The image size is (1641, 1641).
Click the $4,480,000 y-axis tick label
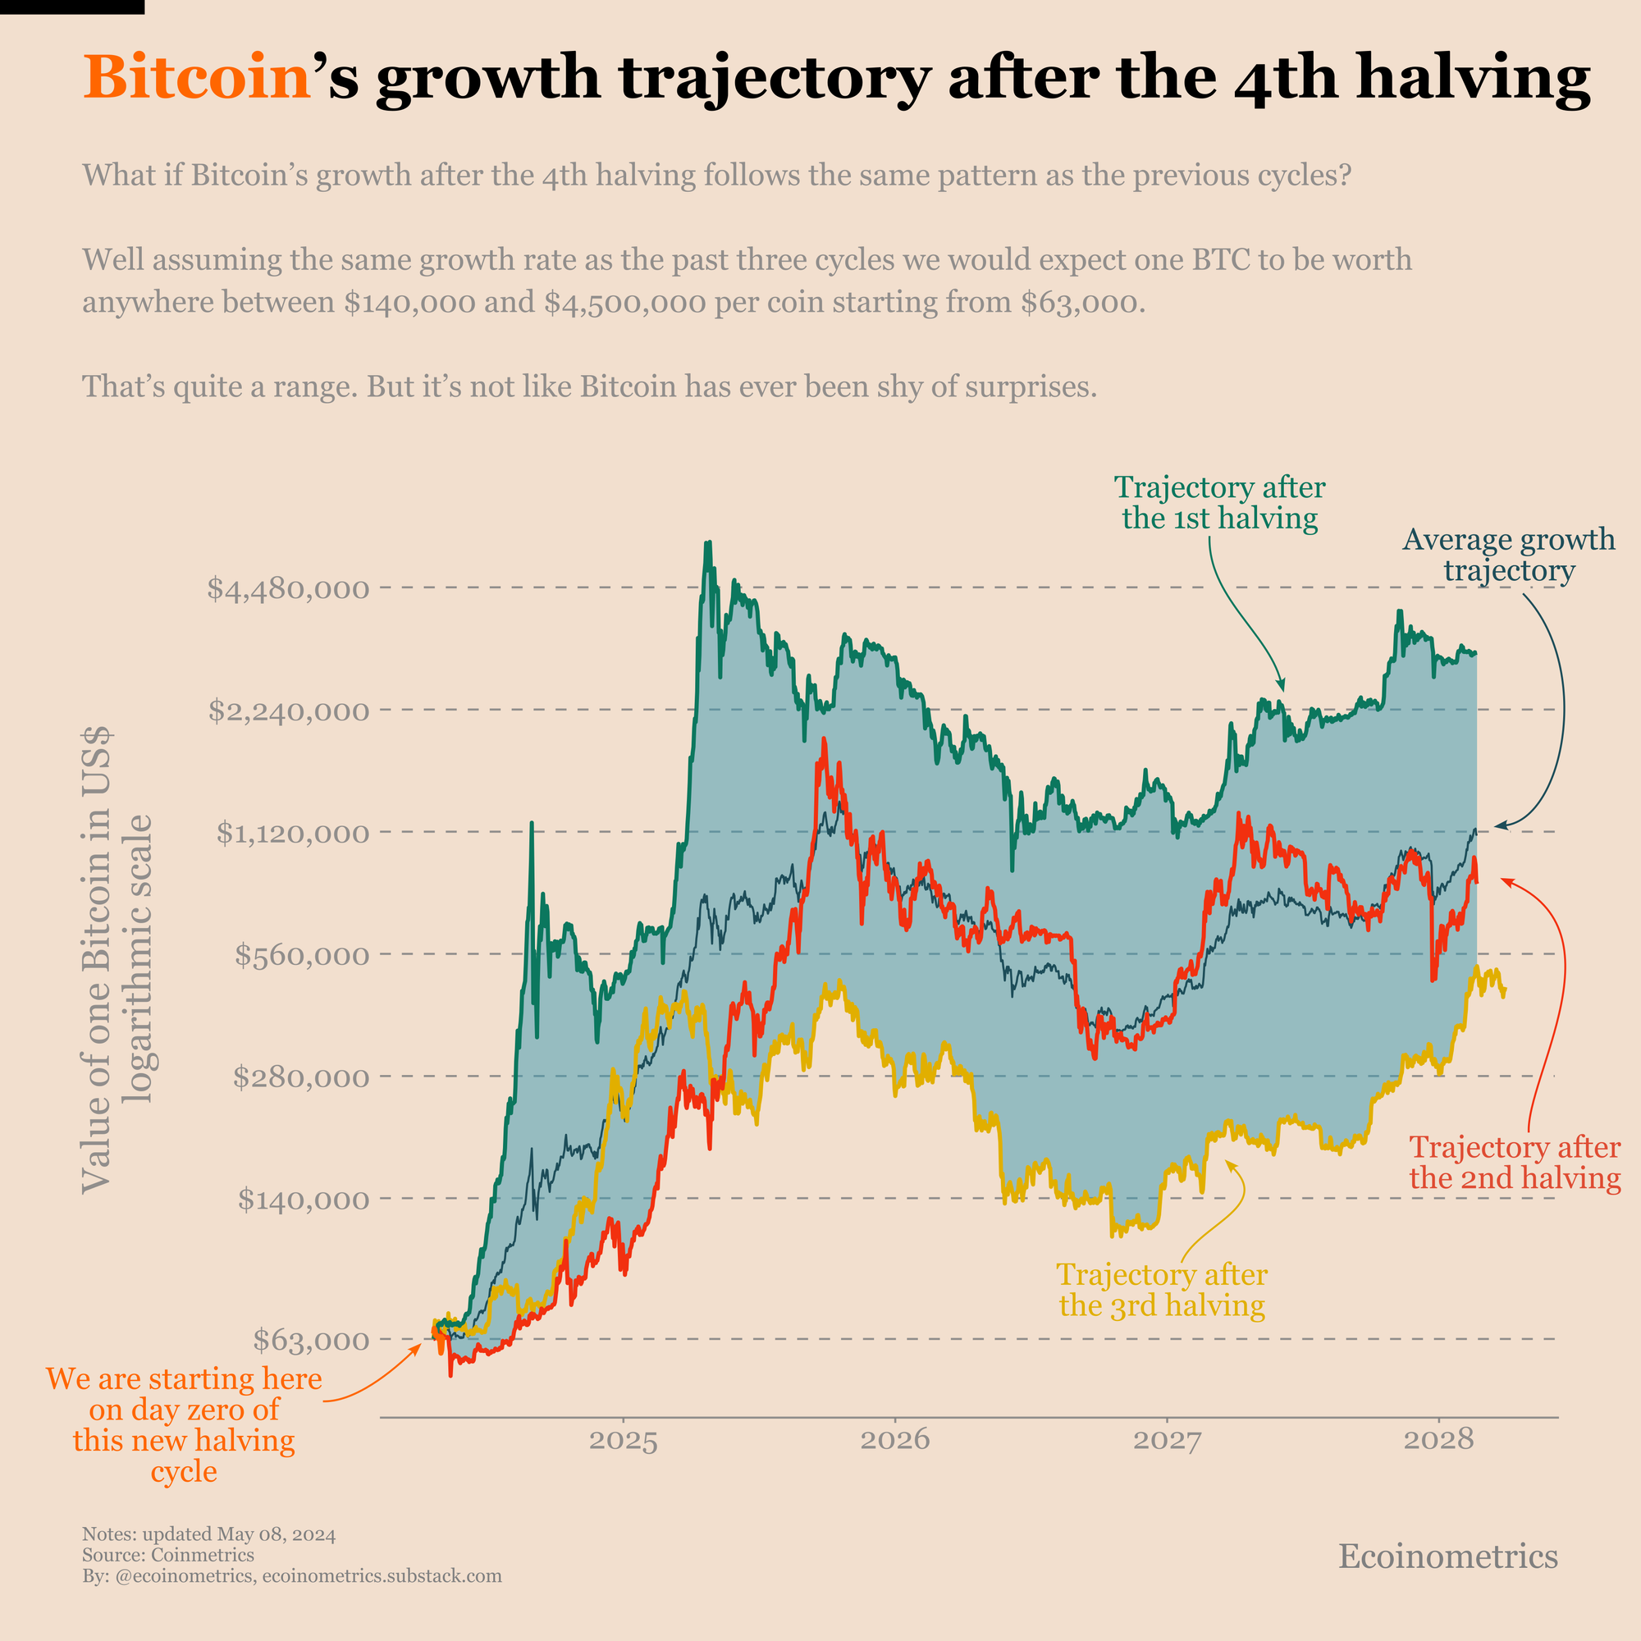coord(288,588)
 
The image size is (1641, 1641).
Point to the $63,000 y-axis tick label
coord(311,1341)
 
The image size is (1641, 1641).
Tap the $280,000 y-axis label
coord(301,1078)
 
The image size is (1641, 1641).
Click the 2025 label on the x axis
coord(624,1442)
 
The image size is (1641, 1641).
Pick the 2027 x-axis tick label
coord(1167,1442)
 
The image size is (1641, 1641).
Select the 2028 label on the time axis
coord(1438,1442)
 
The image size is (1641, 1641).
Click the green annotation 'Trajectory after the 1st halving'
coord(1220,503)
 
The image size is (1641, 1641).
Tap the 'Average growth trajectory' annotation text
coord(1509,555)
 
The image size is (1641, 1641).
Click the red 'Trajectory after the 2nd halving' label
coord(1515,1163)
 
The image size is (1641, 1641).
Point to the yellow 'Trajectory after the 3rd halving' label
coord(1162,1290)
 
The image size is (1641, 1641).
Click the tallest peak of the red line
coord(824,741)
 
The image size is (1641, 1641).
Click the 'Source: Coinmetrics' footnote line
coord(168,1555)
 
